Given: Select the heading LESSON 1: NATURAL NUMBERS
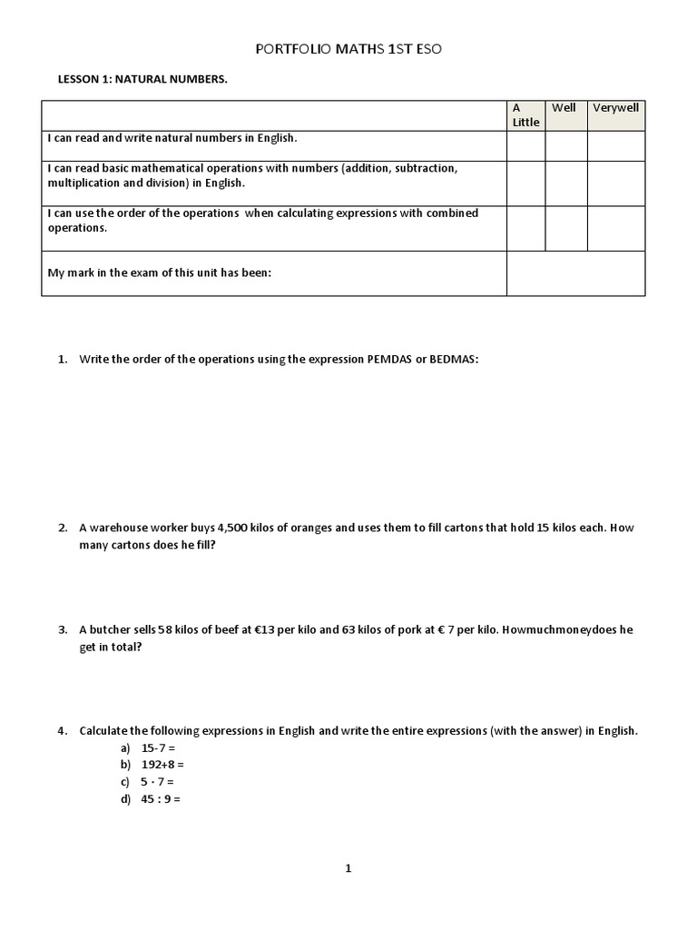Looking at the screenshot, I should point(142,80).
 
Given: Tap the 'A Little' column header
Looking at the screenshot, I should point(525,114).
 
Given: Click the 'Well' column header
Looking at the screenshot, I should point(564,108).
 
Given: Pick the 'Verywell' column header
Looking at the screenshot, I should point(616,108).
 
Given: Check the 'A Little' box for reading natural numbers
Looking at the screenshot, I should point(525,146).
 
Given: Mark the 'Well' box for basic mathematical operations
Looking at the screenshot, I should point(565,183).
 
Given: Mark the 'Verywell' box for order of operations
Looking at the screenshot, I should point(616,228).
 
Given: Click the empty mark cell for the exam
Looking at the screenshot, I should point(575,273).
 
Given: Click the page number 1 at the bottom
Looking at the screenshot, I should point(348,868).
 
